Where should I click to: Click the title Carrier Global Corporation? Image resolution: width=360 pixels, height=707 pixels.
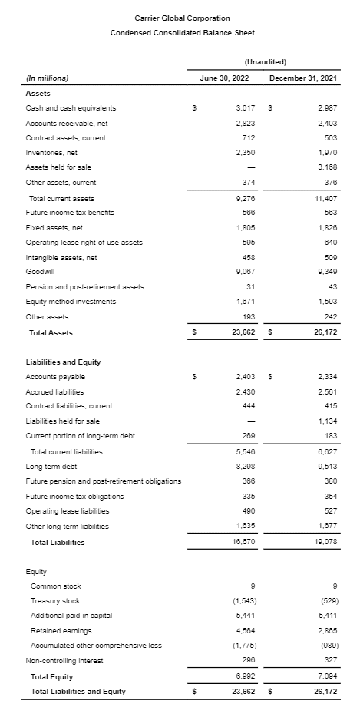(182, 18)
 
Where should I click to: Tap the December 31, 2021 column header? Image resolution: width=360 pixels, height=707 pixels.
(305, 78)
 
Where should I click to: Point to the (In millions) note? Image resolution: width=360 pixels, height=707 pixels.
(48, 78)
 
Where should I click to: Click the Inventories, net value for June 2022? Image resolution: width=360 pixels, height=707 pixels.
(246, 153)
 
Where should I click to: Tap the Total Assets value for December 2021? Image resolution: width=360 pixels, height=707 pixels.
(325, 332)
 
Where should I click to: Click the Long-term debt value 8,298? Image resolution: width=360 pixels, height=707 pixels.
(246, 466)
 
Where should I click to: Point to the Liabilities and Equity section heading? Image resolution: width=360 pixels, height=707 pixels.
(64, 362)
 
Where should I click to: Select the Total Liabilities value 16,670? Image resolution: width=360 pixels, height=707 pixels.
(244, 542)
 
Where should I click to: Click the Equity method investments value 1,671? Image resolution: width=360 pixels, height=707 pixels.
(246, 301)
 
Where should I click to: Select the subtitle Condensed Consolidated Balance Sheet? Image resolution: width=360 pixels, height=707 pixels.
(182, 32)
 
